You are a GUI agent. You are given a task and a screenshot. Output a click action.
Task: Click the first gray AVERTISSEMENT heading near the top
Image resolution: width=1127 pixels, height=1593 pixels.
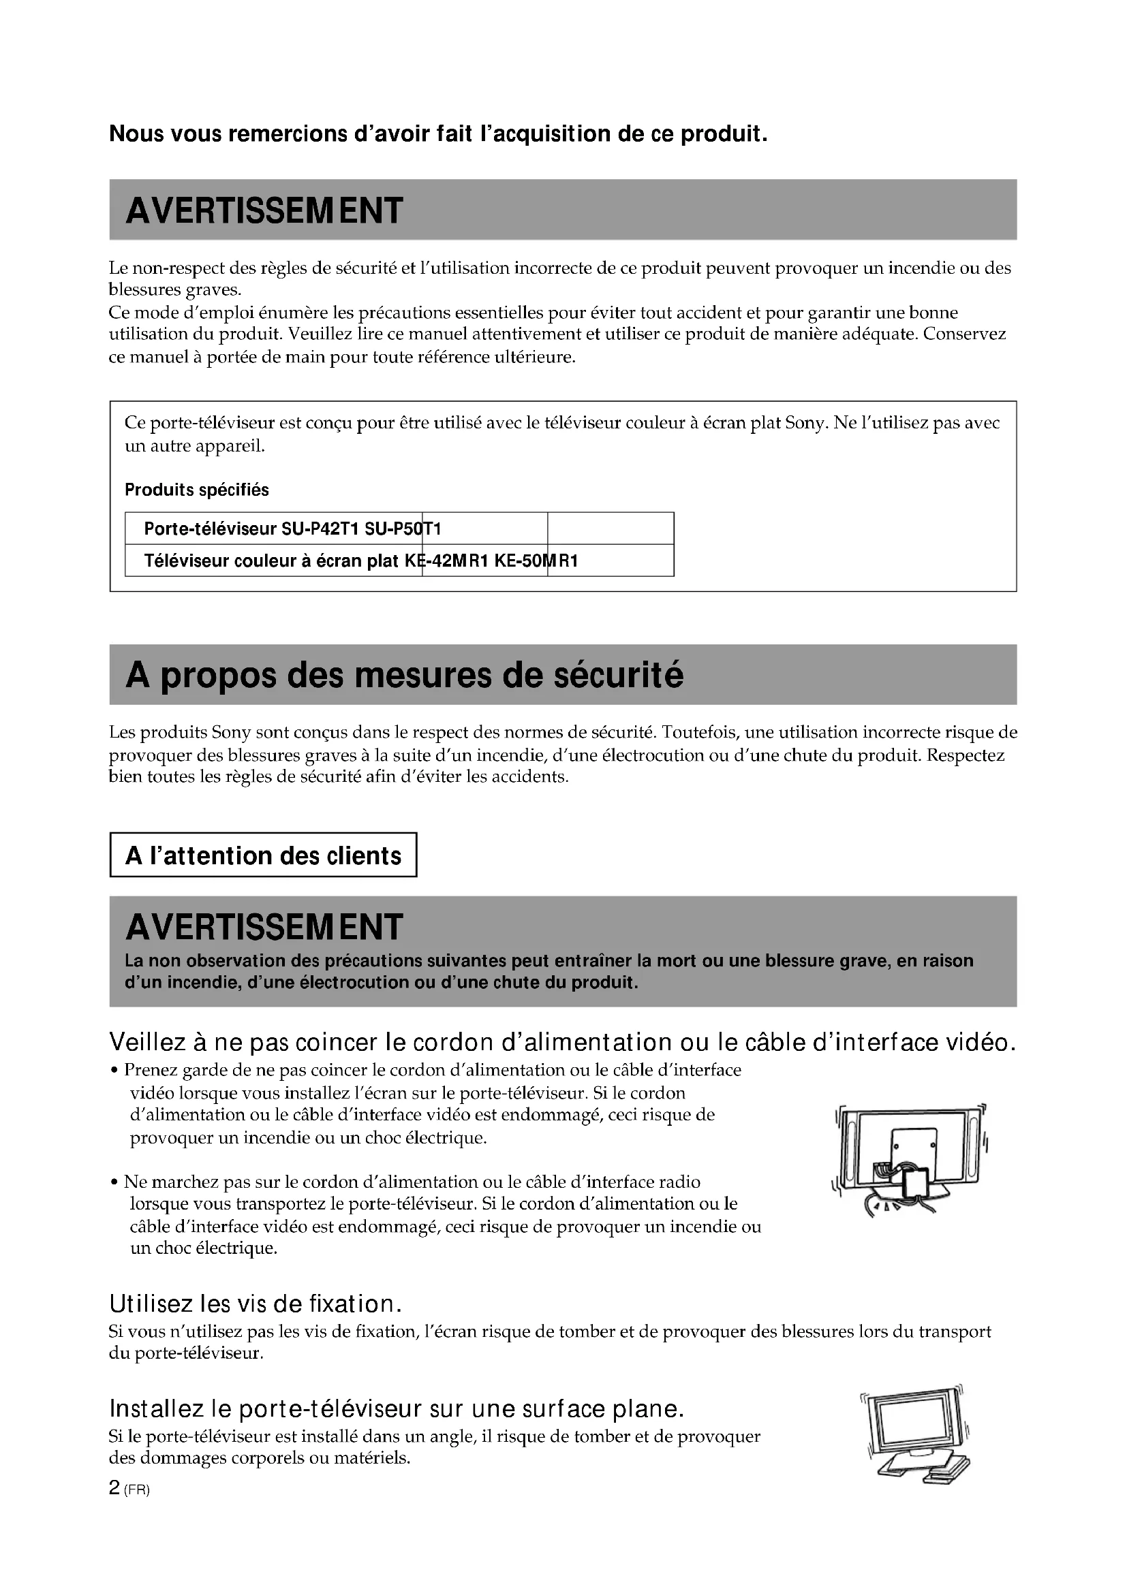tap(264, 210)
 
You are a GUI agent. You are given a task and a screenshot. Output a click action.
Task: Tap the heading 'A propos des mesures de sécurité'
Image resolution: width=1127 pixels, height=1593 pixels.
tap(405, 674)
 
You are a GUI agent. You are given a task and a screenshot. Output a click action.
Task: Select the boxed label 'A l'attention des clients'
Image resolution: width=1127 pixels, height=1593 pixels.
tap(263, 855)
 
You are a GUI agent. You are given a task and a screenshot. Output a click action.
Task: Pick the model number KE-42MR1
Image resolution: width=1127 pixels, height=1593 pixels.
tap(447, 561)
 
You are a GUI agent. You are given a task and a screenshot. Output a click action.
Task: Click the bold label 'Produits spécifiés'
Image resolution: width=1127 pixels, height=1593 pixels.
tap(196, 490)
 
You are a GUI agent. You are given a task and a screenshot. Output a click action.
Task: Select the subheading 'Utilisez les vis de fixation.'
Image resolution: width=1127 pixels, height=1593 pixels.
tap(256, 1304)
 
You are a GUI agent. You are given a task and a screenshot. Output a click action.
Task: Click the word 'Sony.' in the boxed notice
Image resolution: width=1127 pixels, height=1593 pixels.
tap(806, 423)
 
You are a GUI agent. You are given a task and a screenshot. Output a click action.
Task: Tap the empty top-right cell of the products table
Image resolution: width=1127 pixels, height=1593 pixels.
tap(610, 528)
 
